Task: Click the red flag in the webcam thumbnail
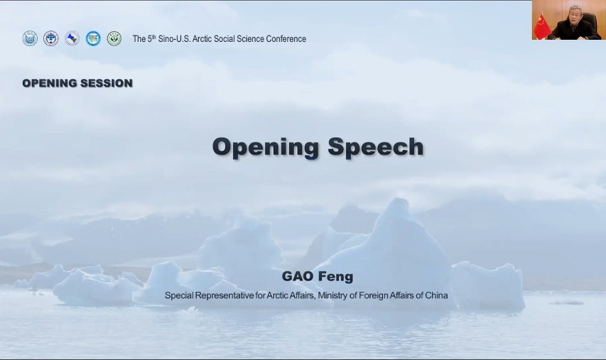coord(541,25)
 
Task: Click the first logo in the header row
coord(30,38)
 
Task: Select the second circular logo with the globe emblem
coord(50,38)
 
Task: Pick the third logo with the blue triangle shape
coord(72,38)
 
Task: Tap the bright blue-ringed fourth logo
coord(93,38)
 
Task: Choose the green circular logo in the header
coord(114,38)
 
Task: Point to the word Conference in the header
coord(287,39)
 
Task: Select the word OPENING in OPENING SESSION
coord(50,83)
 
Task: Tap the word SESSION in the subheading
coord(107,83)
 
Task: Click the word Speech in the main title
coord(376,147)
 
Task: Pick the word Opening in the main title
coord(266,148)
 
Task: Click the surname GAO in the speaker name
coord(297,276)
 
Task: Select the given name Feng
coord(335,277)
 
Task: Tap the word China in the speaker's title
coord(436,295)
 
